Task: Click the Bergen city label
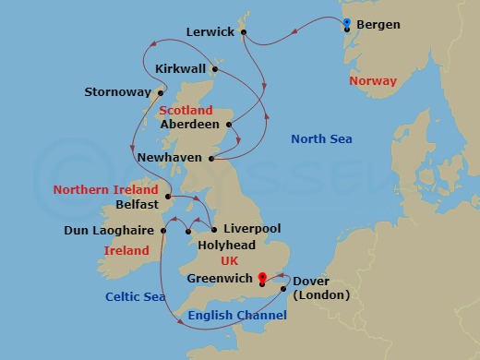coord(378,25)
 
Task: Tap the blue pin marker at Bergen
coord(346,23)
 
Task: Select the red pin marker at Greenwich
coord(262,276)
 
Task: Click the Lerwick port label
coord(210,31)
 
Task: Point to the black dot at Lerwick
coord(244,32)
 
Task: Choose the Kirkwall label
coord(179,69)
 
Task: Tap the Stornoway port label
coord(117,92)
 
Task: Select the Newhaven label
coord(168,158)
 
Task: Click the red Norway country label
coord(373,81)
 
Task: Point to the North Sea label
coord(321,139)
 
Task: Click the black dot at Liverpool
coord(214,229)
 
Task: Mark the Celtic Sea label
coord(135,296)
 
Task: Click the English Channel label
coord(237,316)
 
